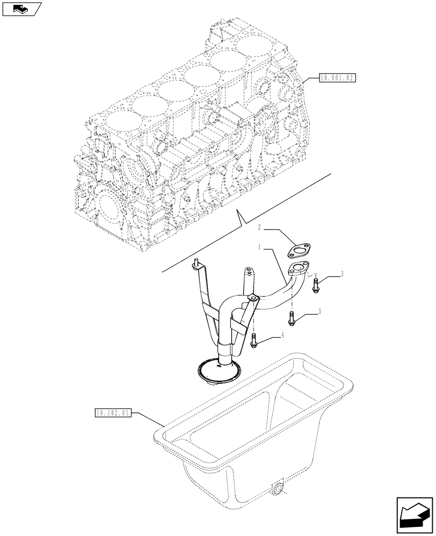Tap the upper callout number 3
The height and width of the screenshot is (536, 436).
(341, 274)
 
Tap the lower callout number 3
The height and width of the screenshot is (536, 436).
(321, 311)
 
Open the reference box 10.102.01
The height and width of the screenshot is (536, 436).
(113, 413)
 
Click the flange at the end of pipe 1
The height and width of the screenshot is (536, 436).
(299, 269)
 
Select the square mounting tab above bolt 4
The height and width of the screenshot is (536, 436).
(251, 295)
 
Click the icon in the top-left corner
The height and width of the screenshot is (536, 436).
(21, 8)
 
